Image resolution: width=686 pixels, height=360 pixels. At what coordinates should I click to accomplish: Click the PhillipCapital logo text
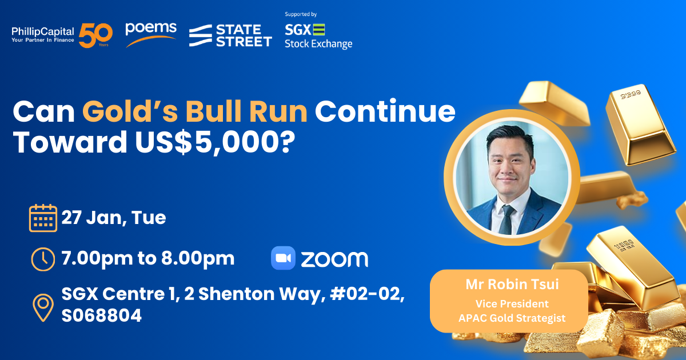(x=43, y=34)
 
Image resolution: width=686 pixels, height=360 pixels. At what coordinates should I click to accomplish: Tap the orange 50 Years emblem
(x=95, y=35)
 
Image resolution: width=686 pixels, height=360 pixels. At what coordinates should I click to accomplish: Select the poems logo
(x=151, y=35)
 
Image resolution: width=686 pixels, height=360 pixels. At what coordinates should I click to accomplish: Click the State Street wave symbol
(x=201, y=35)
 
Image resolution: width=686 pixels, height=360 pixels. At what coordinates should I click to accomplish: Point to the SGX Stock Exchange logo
(x=318, y=36)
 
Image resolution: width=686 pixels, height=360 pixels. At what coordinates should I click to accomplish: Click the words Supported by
(x=301, y=14)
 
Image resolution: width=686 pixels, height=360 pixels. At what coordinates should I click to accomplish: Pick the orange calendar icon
(x=43, y=218)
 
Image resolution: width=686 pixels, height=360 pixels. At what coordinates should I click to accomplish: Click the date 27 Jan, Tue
(x=114, y=218)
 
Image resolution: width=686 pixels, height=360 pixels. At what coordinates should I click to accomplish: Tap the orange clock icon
(x=43, y=259)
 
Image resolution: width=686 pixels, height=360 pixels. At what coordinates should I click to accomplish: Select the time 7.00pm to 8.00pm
(x=148, y=258)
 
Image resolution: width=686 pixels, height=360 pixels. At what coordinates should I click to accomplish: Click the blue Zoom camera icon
(x=284, y=258)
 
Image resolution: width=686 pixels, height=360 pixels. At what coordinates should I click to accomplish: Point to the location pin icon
(x=43, y=307)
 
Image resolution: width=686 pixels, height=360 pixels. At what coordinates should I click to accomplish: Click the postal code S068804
(x=102, y=315)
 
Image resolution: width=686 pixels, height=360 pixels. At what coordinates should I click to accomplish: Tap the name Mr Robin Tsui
(x=512, y=284)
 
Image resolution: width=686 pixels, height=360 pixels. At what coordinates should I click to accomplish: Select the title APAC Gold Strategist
(x=512, y=318)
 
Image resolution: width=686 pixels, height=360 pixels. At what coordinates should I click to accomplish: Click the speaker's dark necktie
(x=507, y=220)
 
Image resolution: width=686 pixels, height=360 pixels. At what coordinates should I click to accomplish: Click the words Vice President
(x=512, y=303)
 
